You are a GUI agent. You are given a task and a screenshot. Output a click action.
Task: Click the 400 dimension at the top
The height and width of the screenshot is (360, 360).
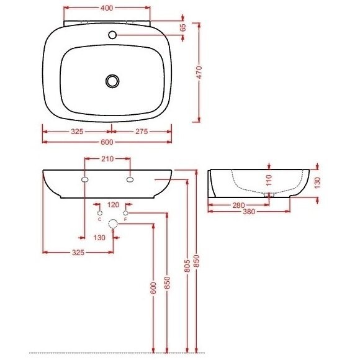point(107,9)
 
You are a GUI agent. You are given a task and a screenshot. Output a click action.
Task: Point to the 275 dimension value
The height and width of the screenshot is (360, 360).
point(142,132)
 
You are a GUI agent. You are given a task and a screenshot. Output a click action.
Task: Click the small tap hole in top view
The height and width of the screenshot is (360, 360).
point(114,35)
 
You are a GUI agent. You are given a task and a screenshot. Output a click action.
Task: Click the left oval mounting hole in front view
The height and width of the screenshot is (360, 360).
point(84,180)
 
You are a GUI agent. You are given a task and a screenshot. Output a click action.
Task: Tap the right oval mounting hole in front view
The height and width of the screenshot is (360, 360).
point(130,180)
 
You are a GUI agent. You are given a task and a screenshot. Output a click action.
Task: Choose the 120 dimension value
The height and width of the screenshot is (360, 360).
point(113,204)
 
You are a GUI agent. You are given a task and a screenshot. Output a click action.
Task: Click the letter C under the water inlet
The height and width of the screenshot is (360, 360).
point(99,219)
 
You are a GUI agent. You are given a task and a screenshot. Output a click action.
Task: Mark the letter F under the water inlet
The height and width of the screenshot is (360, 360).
point(126,219)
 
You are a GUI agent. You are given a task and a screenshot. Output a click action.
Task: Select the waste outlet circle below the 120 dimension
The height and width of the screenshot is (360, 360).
point(113,224)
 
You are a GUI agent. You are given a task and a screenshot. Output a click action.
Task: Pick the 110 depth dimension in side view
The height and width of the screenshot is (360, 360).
point(269,180)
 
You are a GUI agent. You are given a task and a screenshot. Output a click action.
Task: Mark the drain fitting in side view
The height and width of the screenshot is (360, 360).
point(268,195)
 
